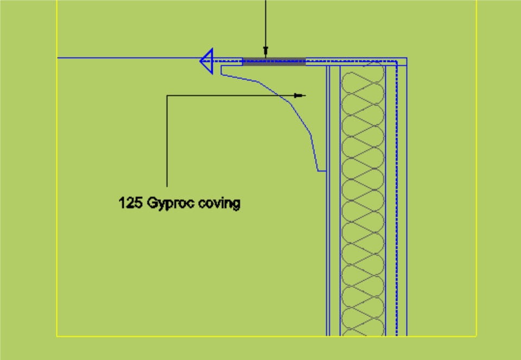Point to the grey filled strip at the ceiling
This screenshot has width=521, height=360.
(274, 61)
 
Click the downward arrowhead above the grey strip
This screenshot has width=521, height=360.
(265, 53)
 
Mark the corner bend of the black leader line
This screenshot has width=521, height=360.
(167, 96)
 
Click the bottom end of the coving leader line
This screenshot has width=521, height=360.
(167, 186)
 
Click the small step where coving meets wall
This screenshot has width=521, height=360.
(321, 171)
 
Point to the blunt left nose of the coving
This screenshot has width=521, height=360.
(223, 72)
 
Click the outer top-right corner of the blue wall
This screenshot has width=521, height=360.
(406, 58)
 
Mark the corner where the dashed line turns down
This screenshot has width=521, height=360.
(397, 62)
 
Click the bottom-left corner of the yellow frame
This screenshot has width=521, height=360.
(58, 336)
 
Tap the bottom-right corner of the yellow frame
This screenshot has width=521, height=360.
(476, 336)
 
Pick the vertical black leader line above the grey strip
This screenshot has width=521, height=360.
(265, 24)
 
